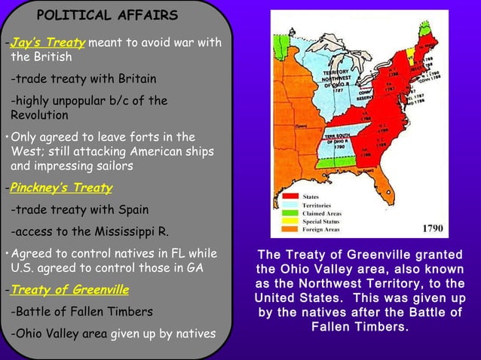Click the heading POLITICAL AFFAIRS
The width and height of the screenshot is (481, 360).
coord(108,15)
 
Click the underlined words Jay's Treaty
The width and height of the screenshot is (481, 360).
coord(47,43)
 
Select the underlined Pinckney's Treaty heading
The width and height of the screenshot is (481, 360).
coord(60,188)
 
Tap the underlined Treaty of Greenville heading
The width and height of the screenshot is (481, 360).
coord(69,289)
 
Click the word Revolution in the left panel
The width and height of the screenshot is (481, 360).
coord(39,115)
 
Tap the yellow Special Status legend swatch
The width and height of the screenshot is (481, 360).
coord(289,222)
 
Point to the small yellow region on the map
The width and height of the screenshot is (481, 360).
coord(411,54)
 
